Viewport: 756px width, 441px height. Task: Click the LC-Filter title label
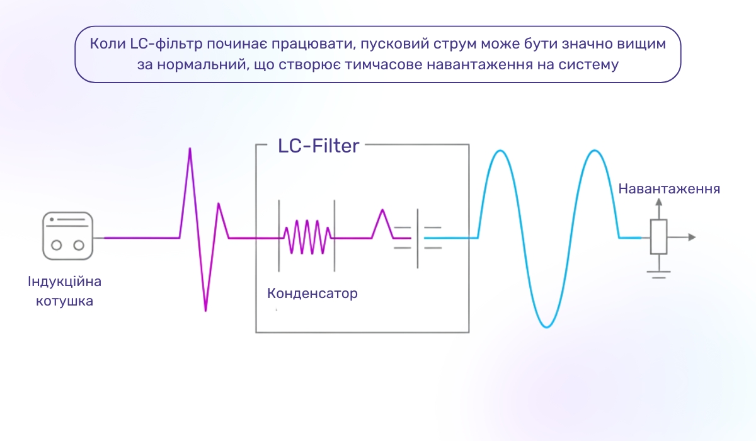[x=318, y=146]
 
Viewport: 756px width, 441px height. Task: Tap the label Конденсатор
[x=312, y=294]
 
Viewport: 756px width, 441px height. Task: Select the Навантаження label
[x=669, y=189]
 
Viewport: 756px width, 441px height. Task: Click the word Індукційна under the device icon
[x=65, y=281]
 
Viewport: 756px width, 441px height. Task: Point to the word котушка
[x=65, y=301]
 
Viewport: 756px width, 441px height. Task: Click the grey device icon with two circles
[x=68, y=236]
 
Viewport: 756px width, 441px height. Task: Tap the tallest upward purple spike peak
[x=190, y=150]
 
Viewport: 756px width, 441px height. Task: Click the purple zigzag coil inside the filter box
[x=307, y=237]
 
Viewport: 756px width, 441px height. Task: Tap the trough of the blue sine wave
[x=546, y=326]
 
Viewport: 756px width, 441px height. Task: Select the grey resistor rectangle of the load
[x=659, y=237]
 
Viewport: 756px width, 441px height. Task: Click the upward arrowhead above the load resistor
[x=659, y=202]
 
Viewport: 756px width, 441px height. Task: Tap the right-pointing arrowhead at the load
[x=692, y=238]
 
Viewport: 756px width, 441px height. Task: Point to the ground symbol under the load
[x=659, y=273]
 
